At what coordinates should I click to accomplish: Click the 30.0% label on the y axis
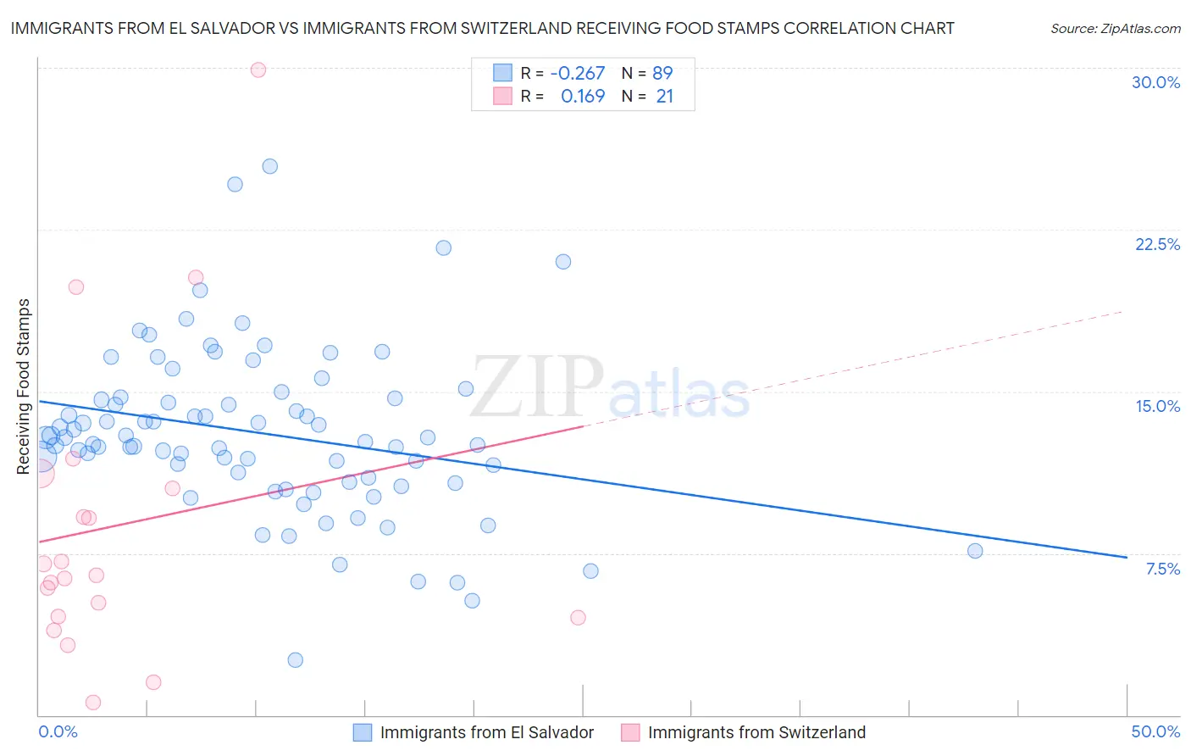(x=1155, y=82)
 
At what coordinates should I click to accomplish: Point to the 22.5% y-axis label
(x=1157, y=244)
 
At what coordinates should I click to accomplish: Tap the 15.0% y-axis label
(x=1157, y=406)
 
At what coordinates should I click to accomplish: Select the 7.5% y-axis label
(x=1162, y=569)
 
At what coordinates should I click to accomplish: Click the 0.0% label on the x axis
(x=58, y=731)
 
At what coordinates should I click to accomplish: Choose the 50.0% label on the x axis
(x=1155, y=731)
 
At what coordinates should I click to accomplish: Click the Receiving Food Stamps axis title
(x=24, y=386)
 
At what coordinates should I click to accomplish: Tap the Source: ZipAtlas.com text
(x=1115, y=29)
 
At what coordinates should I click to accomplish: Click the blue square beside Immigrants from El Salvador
(x=363, y=732)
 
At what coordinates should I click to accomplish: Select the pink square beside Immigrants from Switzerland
(x=630, y=732)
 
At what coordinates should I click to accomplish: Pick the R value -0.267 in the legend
(x=577, y=73)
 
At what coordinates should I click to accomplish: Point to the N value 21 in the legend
(x=664, y=97)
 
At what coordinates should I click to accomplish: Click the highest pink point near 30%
(x=258, y=69)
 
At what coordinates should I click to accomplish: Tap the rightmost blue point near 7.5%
(x=975, y=551)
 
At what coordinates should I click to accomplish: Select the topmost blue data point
(x=270, y=166)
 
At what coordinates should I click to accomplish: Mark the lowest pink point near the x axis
(x=93, y=702)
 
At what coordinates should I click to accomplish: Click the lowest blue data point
(x=296, y=659)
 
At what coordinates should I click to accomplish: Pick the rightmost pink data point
(x=579, y=617)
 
